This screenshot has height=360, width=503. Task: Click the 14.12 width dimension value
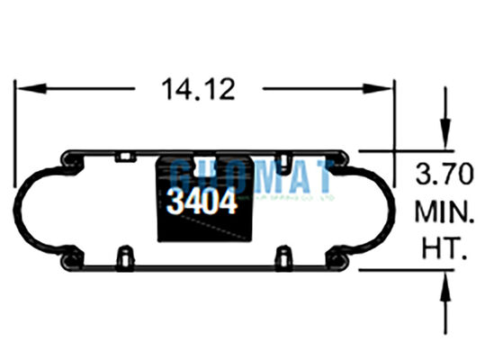coord(198,89)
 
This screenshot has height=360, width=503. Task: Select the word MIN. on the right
coord(444,213)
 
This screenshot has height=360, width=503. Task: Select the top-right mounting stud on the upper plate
coord(283,162)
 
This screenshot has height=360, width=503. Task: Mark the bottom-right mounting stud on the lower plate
coord(283,259)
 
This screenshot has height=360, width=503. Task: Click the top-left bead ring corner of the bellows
coord(68,160)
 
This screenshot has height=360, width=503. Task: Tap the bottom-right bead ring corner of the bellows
coord(339,262)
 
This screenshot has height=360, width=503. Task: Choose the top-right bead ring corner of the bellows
coord(339,160)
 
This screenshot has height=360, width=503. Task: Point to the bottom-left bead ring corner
coord(68,262)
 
